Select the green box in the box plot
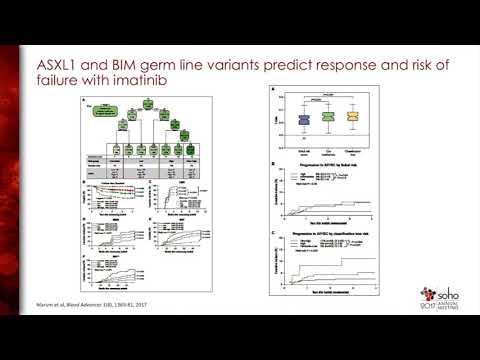(x=327, y=118)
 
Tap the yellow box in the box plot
(x=350, y=118)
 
